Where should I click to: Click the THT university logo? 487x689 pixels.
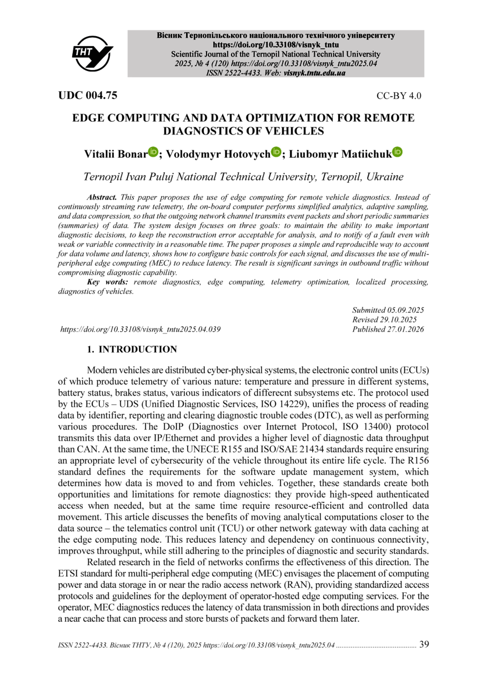(92, 53)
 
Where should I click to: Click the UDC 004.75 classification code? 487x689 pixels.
(88, 95)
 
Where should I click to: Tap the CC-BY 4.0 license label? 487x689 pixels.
(399, 96)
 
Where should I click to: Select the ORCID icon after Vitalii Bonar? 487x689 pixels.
(153, 152)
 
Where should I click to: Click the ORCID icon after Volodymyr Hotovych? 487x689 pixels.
(277, 152)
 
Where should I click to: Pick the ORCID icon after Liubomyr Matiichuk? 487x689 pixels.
(398, 152)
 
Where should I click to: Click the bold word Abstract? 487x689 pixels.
(102, 197)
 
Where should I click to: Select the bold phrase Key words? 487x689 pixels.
(108, 282)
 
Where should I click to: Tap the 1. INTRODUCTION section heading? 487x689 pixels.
(132, 349)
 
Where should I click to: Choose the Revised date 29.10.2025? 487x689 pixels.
(384, 319)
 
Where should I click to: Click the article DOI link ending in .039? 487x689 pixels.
(140, 329)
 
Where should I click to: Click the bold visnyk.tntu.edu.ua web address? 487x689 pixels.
(314, 72)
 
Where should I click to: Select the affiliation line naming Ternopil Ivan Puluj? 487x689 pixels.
(243, 177)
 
